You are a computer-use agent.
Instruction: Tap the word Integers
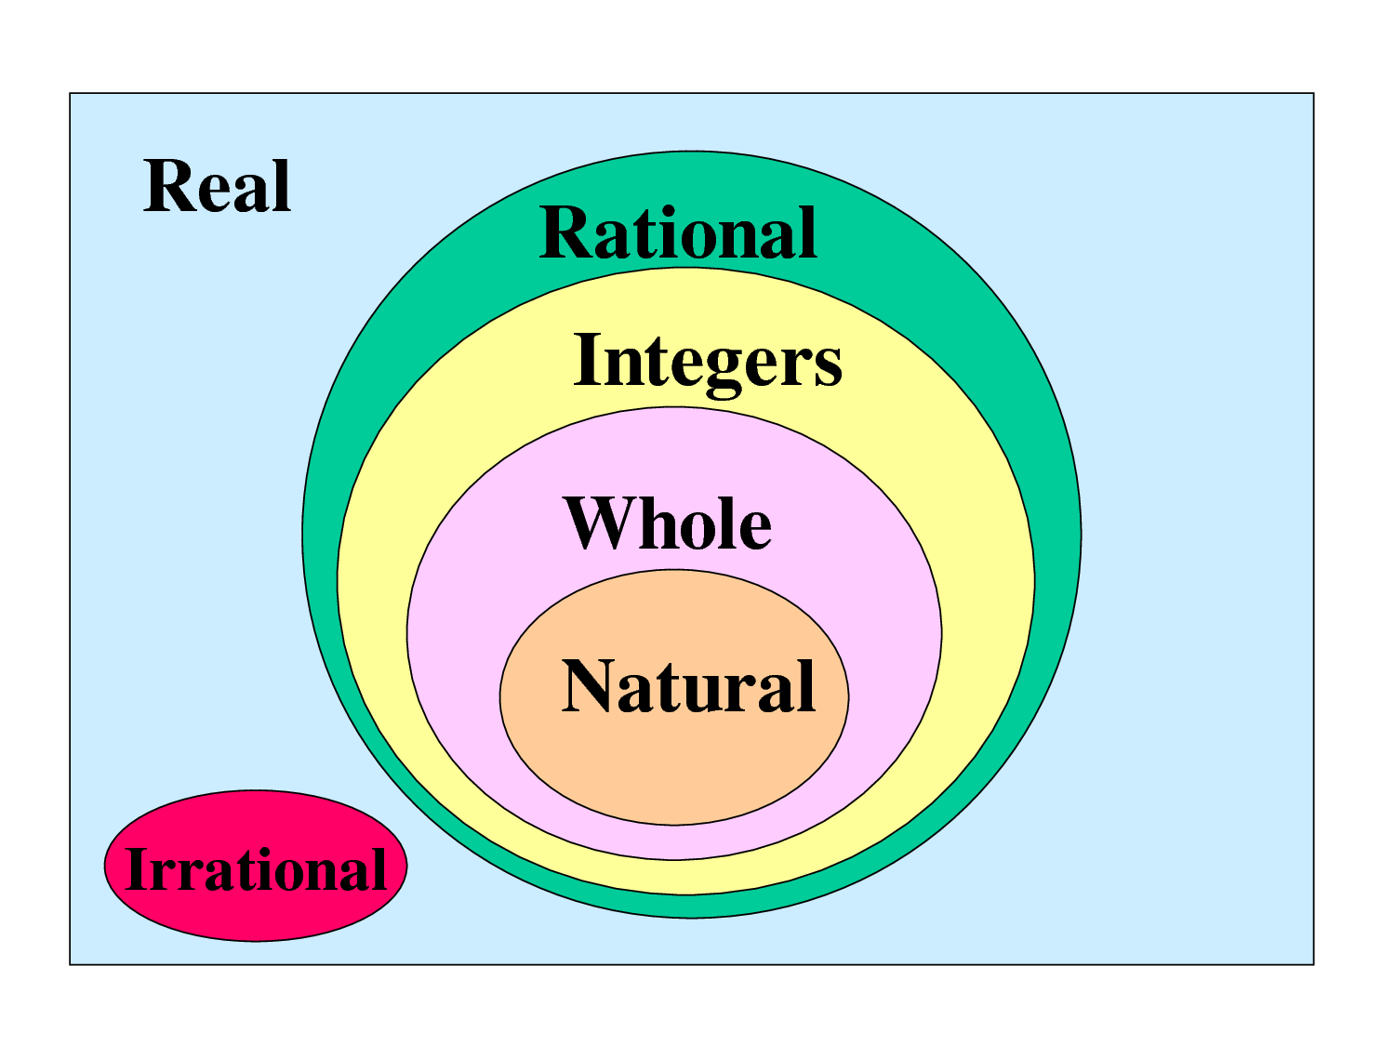tap(708, 361)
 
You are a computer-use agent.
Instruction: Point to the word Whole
tap(668, 523)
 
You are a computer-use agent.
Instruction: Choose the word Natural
tap(688, 686)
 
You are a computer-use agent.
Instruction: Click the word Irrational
tap(255, 869)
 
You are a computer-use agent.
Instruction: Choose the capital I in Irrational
tap(137, 869)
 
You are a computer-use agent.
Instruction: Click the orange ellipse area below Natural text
tap(674, 772)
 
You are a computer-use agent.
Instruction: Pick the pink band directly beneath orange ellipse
tap(674, 841)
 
